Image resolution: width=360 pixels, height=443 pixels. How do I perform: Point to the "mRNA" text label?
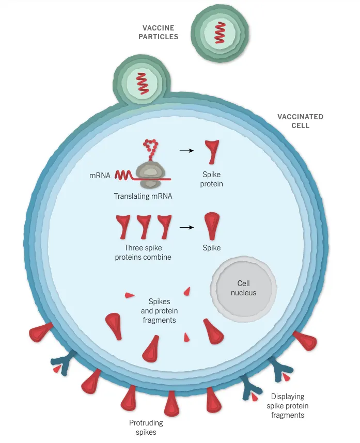[x=100, y=176]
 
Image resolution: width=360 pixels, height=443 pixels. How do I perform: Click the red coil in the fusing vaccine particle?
[x=142, y=83]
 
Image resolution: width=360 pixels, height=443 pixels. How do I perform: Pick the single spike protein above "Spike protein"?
[x=212, y=152]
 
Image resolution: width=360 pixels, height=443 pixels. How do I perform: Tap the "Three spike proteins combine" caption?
[x=143, y=252]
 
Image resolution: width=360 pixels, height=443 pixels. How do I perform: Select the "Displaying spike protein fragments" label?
[x=288, y=406]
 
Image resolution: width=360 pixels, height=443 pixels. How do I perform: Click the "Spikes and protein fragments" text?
[x=159, y=310]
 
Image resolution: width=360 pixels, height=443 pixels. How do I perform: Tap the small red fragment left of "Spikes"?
[x=129, y=295]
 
